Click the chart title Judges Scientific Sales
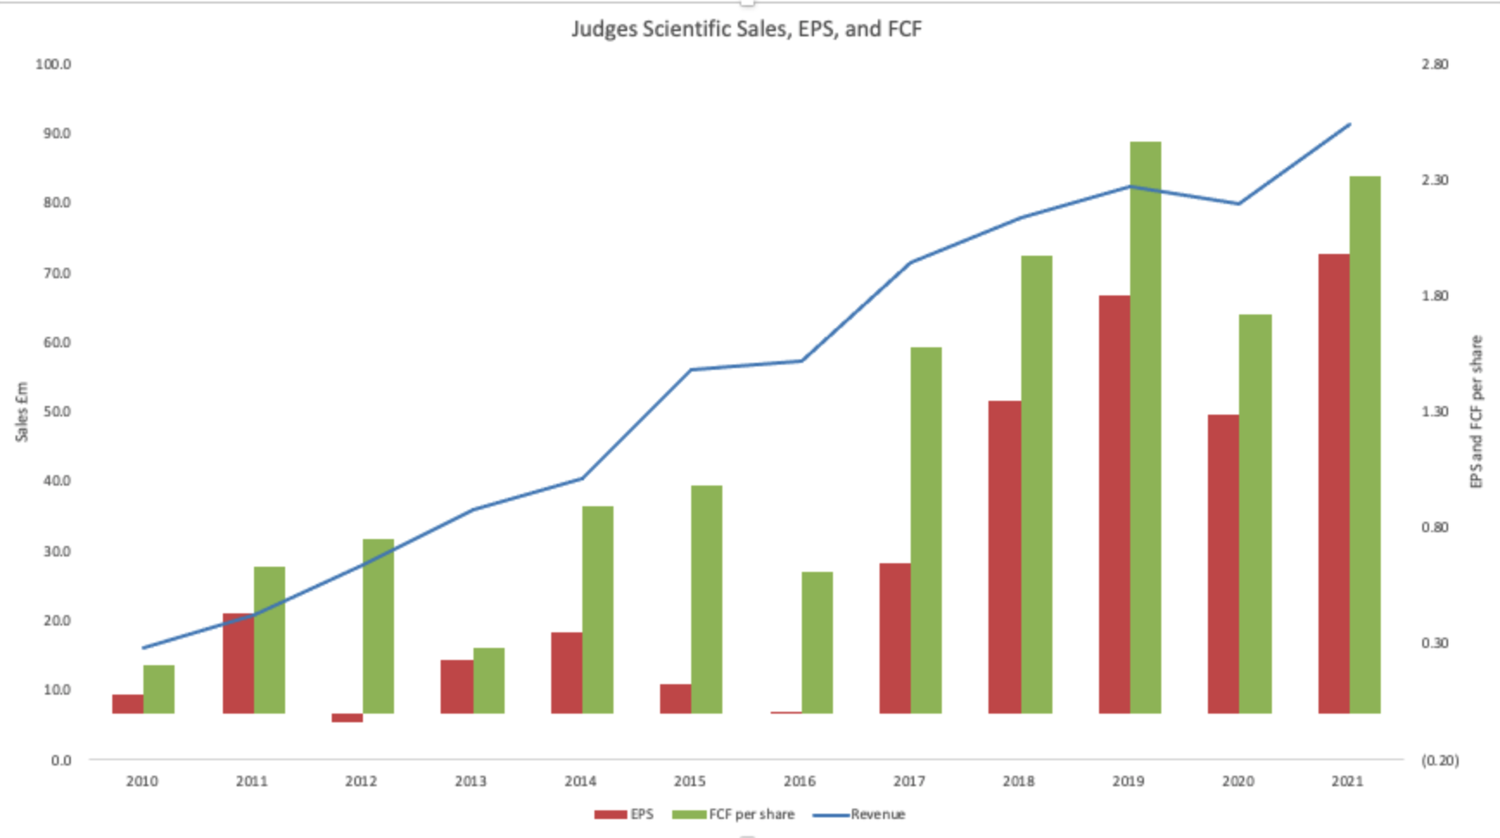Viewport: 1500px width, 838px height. [x=746, y=29]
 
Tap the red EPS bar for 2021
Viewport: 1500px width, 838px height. [x=1333, y=484]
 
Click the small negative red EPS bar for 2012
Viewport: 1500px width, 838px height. [x=347, y=718]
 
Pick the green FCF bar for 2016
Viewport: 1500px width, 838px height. [x=817, y=643]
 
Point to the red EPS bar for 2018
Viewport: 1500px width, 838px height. [x=1004, y=557]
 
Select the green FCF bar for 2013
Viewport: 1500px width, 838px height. [x=489, y=681]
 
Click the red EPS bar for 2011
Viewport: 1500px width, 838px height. [x=238, y=663]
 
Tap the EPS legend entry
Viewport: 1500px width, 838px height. [x=624, y=814]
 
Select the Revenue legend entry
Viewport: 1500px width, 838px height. [x=860, y=814]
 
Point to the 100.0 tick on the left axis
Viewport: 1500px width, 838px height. [x=53, y=64]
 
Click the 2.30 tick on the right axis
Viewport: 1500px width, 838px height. [x=1434, y=180]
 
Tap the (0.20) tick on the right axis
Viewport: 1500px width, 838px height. [x=1440, y=760]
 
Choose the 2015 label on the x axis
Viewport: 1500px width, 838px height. [x=690, y=781]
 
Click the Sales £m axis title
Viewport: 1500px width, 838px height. [x=22, y=412]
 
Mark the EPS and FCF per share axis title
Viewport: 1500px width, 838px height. [x=1476, y=412]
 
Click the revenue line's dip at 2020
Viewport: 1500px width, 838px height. [x=1239, y=204]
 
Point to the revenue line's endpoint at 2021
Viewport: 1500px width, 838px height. [x=1349, y=124]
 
